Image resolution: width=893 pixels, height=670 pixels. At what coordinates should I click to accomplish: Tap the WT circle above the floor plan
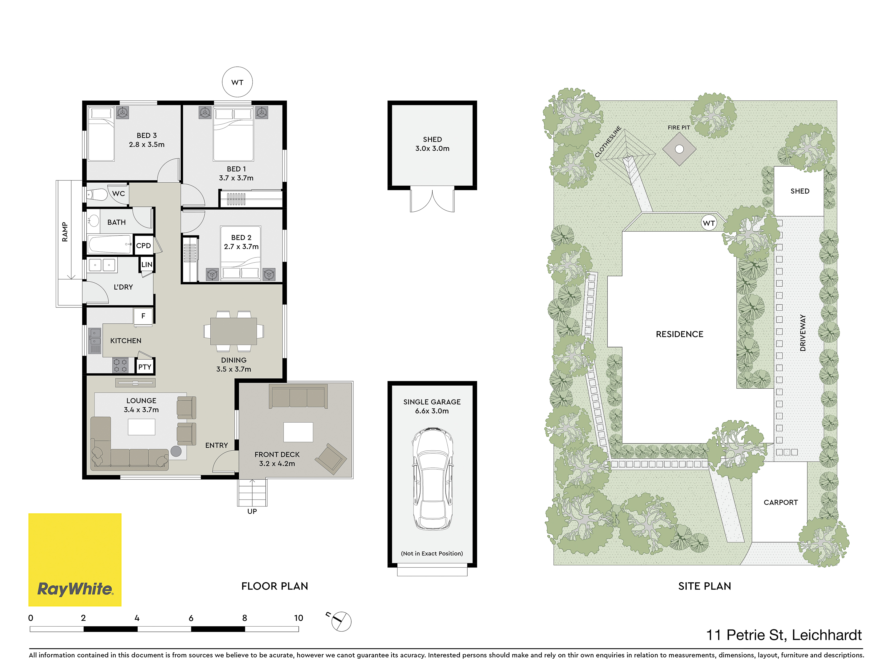[237, 82]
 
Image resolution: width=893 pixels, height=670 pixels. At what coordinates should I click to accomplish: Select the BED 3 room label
[147, 135]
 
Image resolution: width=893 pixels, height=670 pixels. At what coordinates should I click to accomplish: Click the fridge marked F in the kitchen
[143, 316]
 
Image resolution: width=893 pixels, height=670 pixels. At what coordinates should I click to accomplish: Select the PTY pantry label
[145, 367]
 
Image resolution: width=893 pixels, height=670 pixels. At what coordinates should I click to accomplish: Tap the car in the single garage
[432, 479]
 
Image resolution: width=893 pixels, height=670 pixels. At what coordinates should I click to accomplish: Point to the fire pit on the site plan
[679, 149]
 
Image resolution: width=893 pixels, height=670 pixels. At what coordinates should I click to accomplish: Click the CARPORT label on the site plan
[781, 502]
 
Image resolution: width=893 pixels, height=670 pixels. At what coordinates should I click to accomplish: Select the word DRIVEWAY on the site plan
[802, 333]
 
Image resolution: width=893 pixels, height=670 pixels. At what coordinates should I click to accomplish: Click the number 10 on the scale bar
[298, 618]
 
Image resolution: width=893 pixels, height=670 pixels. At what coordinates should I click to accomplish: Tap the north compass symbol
[340, 621]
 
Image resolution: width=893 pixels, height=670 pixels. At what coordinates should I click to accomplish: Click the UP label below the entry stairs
[252, 511]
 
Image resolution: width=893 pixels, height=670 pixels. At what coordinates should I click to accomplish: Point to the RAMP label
[64, 232]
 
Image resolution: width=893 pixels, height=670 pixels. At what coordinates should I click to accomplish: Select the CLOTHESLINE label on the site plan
[608, 142]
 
